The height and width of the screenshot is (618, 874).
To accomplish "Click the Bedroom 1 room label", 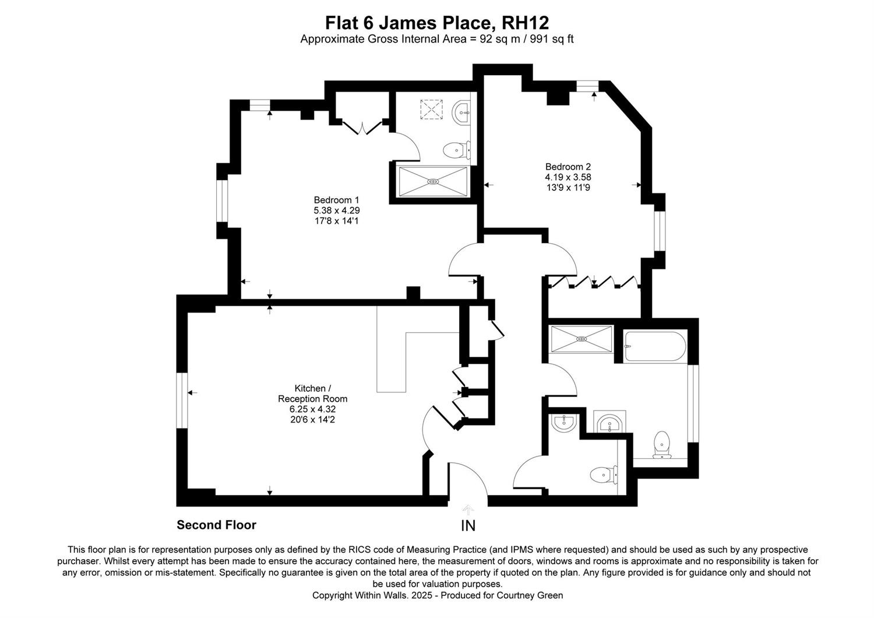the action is click(336, 200).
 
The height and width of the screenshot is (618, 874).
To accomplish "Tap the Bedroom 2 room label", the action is click(568, 167).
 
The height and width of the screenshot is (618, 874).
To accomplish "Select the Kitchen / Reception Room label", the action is click(312, 394).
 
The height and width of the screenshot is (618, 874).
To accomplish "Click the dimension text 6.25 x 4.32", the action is click(312, 409).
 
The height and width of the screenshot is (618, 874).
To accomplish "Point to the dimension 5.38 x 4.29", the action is click(336, 210).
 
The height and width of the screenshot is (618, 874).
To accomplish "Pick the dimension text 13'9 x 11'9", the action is click(568, 187).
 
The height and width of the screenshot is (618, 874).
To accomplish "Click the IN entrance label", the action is click(468, 526).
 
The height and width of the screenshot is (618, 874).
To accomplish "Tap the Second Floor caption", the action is click(217, 525).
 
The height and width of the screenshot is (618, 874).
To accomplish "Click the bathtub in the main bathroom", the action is click(655, 346).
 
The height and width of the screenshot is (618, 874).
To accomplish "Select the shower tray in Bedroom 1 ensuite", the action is click(433, 181).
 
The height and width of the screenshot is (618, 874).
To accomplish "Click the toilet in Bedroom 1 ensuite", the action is click(457, 150).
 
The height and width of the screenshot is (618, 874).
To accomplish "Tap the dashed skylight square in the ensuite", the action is click(432, 109).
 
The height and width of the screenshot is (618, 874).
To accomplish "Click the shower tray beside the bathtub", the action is click(582, 339).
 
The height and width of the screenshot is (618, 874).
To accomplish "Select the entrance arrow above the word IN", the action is click(468, 510).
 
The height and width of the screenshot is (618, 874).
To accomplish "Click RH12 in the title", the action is click(525, 23).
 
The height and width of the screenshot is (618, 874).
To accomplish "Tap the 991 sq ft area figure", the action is click(552, 40).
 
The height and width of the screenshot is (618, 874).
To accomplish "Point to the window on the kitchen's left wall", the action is click(182, 400).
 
